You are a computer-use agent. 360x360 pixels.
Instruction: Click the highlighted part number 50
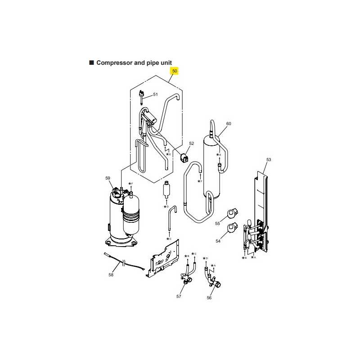[175, 71]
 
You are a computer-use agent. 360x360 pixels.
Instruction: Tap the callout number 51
[155, 94]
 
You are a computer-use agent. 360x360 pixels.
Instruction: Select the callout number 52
[192, 143]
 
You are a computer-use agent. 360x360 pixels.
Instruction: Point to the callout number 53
[269, 159]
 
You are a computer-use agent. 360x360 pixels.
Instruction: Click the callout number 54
[218, 241]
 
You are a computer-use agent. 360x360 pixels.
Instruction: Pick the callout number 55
[217, 223]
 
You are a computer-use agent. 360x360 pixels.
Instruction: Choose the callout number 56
[209, 297]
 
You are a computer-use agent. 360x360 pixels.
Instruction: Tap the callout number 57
[179, 297]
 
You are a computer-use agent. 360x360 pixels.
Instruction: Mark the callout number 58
[111, 274]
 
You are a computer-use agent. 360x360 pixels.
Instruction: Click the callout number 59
[108, 178]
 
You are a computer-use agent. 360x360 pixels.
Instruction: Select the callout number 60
[229, 123]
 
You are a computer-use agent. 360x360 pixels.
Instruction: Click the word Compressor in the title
[114, 63]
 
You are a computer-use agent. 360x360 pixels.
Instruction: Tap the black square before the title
[92, 63]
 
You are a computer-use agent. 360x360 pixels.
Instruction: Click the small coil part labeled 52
[184, 158]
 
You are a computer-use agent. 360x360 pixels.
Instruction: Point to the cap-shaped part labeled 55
[232, 213]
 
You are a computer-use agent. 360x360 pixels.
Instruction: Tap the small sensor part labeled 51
[142, 97]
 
